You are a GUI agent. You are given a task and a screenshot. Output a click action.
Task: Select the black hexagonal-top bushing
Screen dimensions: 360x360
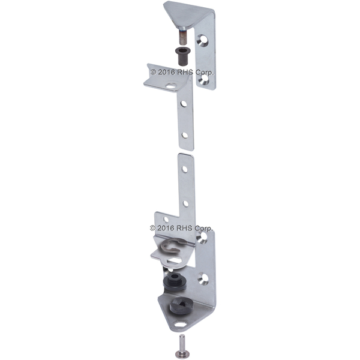click(x=174, y=282)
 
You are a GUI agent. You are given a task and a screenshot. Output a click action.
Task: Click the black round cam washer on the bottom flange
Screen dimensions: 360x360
click(x=182, y=307)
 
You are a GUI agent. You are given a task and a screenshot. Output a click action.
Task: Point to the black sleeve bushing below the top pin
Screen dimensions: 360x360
click(x=181, y=57)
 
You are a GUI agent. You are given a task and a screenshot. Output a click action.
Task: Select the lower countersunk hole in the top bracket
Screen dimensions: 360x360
click(x=204, y=79)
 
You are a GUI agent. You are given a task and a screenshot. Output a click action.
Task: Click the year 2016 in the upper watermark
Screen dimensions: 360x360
click(x=166, y=72)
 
